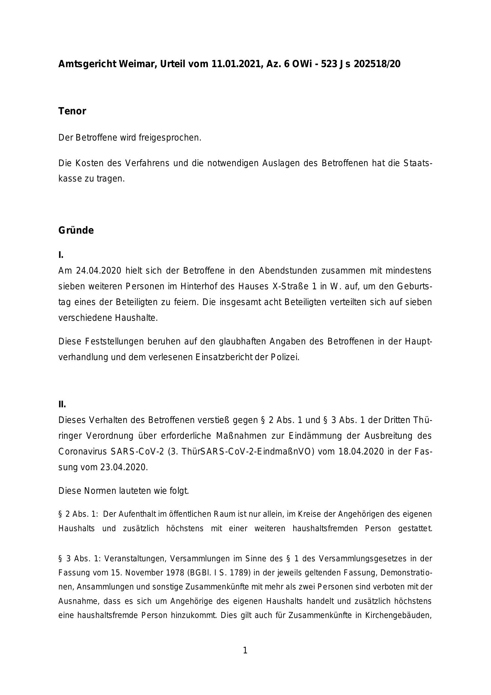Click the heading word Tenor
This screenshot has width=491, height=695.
point(72,111)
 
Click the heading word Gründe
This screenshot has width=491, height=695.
point(76,230)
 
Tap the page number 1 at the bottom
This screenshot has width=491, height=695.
point(245,650)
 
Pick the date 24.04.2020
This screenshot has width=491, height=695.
point(99,271)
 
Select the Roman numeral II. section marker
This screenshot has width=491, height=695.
point(62,404)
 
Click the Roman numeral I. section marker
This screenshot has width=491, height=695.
point(61,255)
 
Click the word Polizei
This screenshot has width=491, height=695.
point(285,357)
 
